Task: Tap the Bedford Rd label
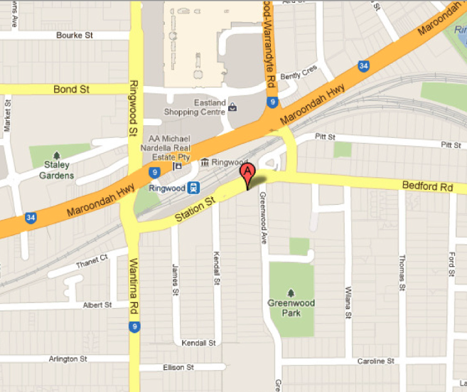tap(426, 186)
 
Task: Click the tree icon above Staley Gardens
tap(56, 155)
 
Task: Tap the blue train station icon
tap(193, 189)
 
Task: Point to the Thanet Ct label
tap(93, 261)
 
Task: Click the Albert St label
tap(97, 304)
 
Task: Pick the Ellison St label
tap(181, 367)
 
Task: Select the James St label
tap(173, 278)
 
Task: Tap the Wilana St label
tap(348, 302)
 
